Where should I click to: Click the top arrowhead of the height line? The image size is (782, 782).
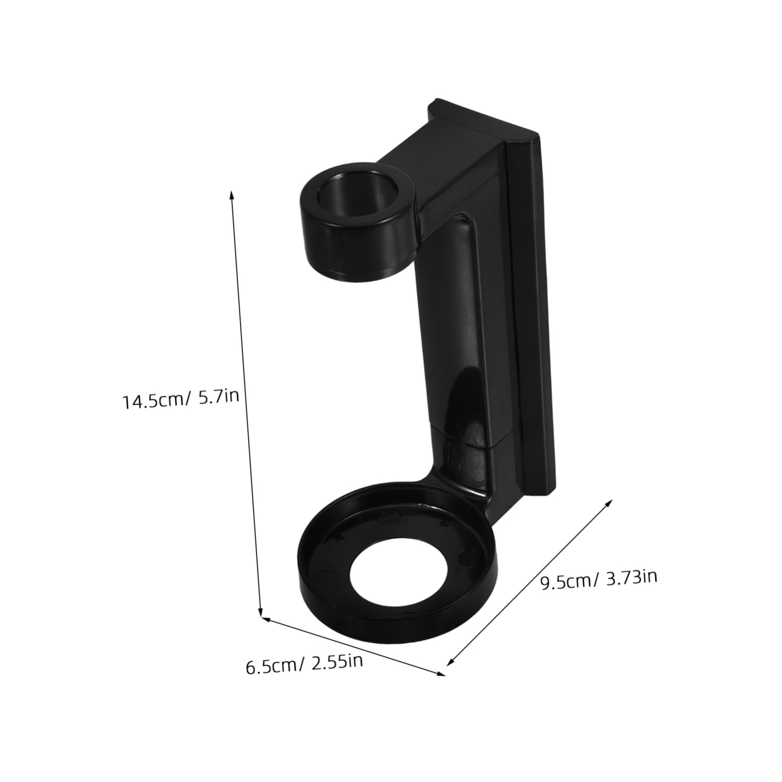(232, 194)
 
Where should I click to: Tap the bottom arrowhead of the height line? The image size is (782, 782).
(261, 614)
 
